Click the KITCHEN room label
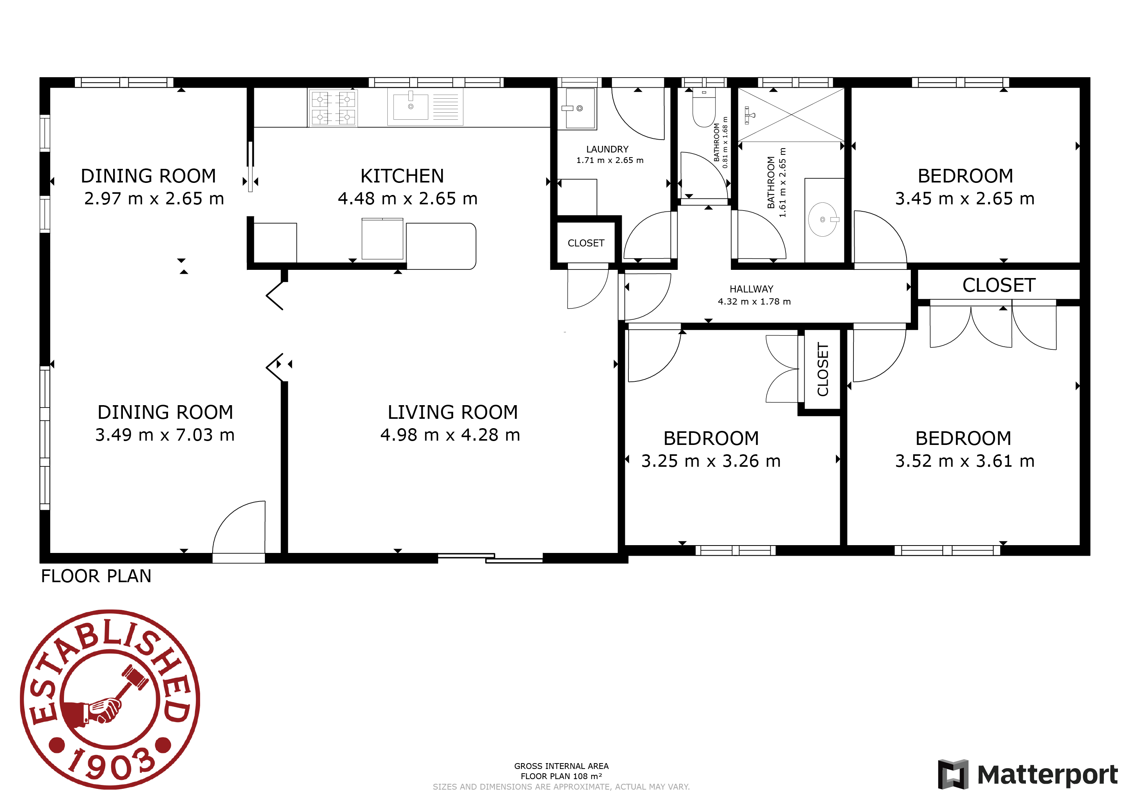point(402,175)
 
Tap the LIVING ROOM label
point(453,412)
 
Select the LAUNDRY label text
point(607,149)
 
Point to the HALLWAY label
point(752,289)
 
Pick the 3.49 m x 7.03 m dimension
point(165,435)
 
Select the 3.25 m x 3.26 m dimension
point(711,461)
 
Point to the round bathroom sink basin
point(822,220)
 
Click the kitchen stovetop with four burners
point(333,108)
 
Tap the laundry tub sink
point(580,108)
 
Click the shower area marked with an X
point(791,115)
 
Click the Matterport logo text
point(1047,775)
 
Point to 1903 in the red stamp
point(112,764)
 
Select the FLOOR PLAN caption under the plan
point(96,576)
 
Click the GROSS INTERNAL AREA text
point(562,766)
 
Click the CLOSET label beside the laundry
point(585,243)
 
